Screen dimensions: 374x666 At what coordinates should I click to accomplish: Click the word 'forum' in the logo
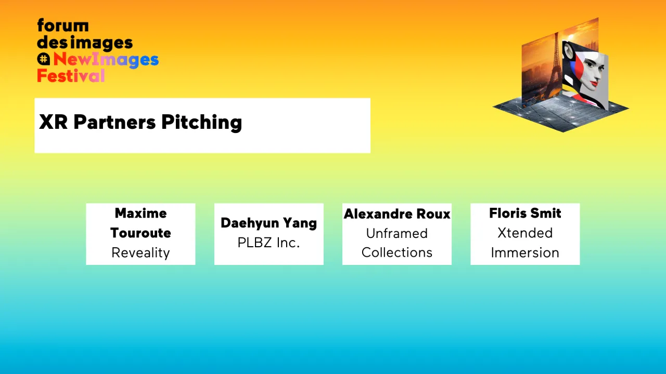click(62, 25)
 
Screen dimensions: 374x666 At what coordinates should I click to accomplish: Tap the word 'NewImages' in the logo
click(106, 60)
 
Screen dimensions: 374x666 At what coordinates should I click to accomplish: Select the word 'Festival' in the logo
click(71, 76)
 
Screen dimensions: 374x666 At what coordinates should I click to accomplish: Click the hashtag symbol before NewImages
click(44, 59)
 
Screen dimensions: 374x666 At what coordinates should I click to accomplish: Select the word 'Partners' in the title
click(114, 122)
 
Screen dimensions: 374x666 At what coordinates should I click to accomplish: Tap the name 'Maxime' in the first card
click(140, 213)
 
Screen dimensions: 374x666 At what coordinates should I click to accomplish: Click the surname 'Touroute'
click(140, 233)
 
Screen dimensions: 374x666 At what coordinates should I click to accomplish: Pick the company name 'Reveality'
click(140, 253)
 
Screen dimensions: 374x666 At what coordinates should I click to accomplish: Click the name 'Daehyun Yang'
click(268, 223)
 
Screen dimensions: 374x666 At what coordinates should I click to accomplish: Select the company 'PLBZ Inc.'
click(268, 243)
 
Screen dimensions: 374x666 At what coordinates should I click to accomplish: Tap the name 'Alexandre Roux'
click(397, 213)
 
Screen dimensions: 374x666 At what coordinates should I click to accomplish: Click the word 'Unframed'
click(397, 233)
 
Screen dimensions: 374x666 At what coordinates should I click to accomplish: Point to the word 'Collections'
click(397, 252)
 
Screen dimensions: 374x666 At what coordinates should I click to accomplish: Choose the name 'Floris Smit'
click(525, 213)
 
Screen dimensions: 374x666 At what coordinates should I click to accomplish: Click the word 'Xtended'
click(525, 233)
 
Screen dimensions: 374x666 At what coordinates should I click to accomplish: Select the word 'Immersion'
click(525, 253)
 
